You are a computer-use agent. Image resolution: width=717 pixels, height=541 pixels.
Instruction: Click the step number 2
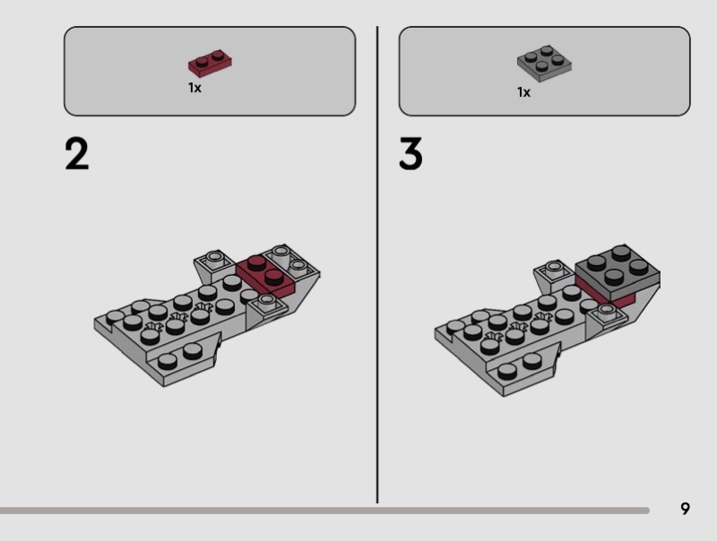77,154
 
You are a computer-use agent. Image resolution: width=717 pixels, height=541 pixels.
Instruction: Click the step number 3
410,153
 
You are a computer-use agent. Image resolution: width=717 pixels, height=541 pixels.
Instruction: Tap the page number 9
685,509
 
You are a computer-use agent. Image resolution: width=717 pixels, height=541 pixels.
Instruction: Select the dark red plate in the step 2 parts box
210,63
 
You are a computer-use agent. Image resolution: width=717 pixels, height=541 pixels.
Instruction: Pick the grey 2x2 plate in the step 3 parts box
544,63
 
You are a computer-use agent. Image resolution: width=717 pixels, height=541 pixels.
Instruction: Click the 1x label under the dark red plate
194,88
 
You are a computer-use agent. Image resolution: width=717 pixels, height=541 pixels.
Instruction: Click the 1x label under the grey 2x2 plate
524,92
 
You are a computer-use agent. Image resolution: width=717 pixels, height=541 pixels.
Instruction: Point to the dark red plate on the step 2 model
265,276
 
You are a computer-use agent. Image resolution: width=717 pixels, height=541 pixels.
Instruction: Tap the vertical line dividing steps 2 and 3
377,264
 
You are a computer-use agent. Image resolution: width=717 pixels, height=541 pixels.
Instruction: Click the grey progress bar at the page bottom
324,511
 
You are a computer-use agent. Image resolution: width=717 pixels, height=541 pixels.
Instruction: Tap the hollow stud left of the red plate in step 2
213,258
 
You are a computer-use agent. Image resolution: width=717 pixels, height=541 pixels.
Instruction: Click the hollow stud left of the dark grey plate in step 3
554,268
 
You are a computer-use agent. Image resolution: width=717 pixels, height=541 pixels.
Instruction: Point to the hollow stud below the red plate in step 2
266,301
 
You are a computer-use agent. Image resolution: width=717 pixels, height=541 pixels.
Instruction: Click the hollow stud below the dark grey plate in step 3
607,311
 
